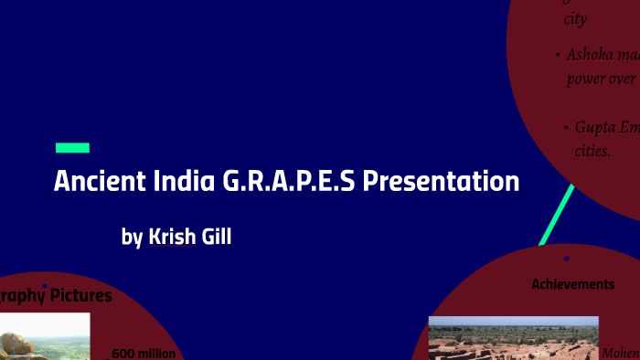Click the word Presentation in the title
[x=441, y=181]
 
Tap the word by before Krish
[x=133, y=238]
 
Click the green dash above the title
[x=72, y=147]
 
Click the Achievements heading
[x=573, y=284]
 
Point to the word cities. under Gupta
[x=592, y=150]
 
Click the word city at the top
[x=575, y=18]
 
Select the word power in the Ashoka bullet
[x=586, y=79]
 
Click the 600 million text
[x=144, y=353]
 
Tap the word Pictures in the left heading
[x=81, y=295]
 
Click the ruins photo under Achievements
[x=513, y=338]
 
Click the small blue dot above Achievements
[x=567, y=259]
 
